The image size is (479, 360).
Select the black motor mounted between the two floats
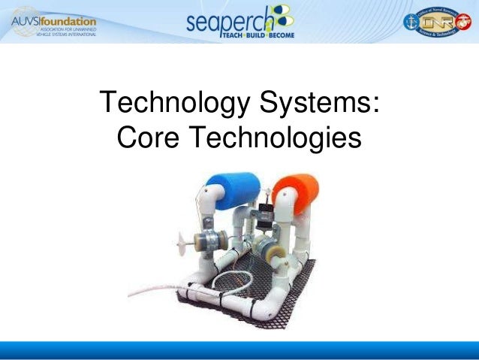click(x=264, y=216)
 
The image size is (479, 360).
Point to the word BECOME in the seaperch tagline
click(x=280, y=35)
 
